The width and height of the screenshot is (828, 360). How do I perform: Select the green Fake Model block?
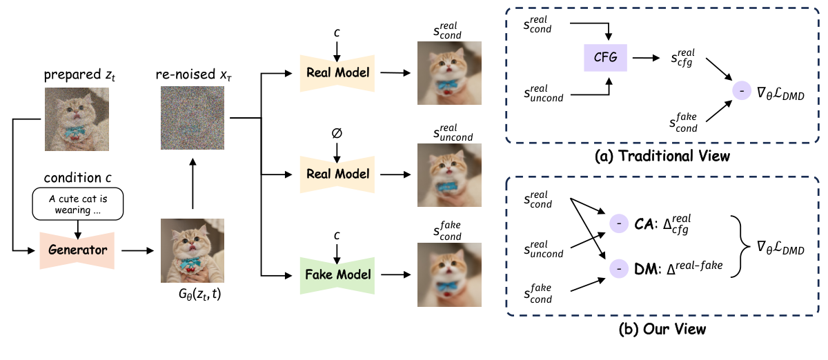coord(335,274)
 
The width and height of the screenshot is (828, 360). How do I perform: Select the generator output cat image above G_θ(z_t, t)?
coord(192,250)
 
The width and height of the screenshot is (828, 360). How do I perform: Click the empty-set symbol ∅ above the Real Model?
coord(335,136)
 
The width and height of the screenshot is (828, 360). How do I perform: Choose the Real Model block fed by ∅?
coord(335,174)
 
